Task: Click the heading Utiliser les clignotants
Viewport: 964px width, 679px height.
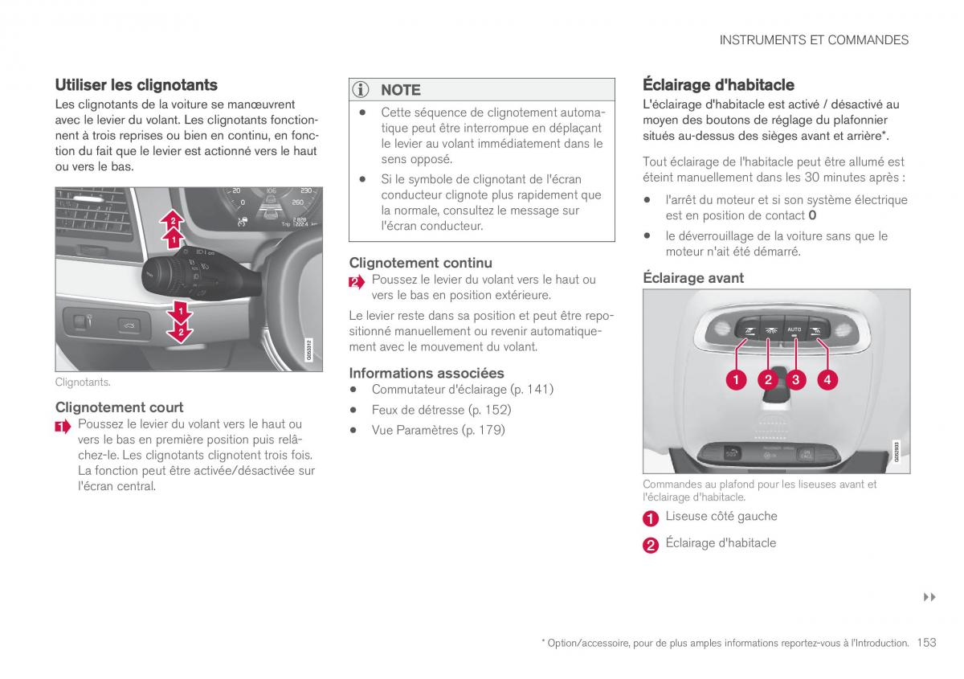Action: pyautogui.click(x=136, y=84)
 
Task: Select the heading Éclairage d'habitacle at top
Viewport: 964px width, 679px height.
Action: pyautogui.click(x=718, y=84)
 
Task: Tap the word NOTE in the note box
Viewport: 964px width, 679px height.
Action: pyautogui.click(x=400, y=90)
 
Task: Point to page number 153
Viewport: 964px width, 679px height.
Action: pyautogui.click(x=925, y=642)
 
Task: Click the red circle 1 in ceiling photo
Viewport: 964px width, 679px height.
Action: pyautogui.click(x=736, y=380)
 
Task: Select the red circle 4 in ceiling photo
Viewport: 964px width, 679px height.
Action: pyautogui.click(x=827, y=380)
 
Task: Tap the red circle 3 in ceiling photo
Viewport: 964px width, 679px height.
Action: pyautogui.click(x=795, y=380)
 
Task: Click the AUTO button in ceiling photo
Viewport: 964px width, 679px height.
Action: pyautogui.click(x=794, y=329)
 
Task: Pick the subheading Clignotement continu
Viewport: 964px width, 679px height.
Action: pyautogui.click(x=420, y=263)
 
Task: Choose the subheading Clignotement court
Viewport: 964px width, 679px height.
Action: pyautogui.click(x=119, y=407)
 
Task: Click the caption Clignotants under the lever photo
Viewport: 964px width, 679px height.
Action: pyautogui.click(x=83, y=382)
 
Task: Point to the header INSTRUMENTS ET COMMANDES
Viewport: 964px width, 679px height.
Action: pyautogui.click(x=814, y=40)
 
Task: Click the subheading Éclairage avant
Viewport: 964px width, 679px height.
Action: pyautogui.click(x=693, y=278)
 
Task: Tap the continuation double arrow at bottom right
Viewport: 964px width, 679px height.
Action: pyautogui.click(x=929, y=597)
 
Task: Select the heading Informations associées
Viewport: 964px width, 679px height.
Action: pyautogui.click(x=427, y=373)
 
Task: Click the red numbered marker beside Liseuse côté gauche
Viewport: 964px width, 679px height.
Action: pyautogui.click(x=651, y=518)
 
